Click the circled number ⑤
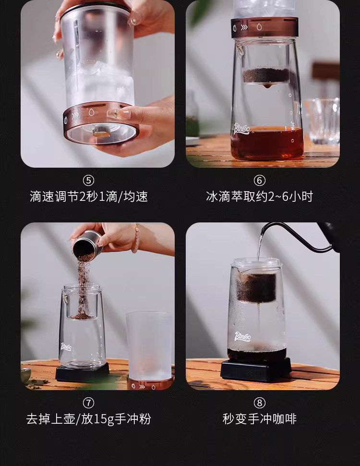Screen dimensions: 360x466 [x=88, y=181]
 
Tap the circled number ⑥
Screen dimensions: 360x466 [x=259, y=181]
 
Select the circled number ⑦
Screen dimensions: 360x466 [x=88, y=403]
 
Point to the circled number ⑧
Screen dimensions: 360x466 [x=259, y=403]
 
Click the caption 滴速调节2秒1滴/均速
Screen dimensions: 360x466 [x=88, y=196]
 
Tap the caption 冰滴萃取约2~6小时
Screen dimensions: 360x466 [x=259, y=196]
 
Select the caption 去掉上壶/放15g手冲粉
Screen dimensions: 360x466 [x=88, y=419]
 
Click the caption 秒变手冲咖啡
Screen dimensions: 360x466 [x=259, y=419]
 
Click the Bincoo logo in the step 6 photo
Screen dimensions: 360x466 [x=242, y=129]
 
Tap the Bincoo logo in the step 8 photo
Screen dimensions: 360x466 [x=243, y=336]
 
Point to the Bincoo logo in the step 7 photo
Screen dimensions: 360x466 [x=66, y=346]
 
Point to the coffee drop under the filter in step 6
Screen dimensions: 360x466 [x=267, y=86]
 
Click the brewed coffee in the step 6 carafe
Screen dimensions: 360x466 [x=267, y=143]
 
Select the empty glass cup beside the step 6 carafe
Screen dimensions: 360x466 [x=322, y=122]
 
